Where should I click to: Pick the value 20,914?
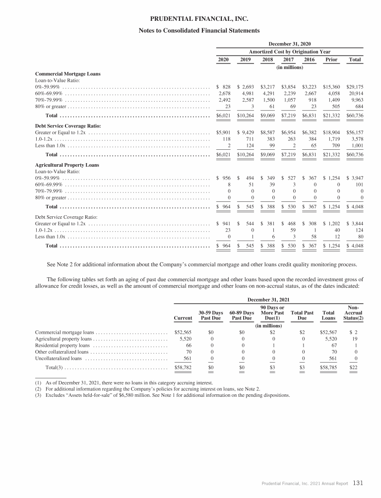point(356,94)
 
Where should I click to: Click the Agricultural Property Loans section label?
point(67,165)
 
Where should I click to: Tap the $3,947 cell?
point(355,178)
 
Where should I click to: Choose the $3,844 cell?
point(355,224)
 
